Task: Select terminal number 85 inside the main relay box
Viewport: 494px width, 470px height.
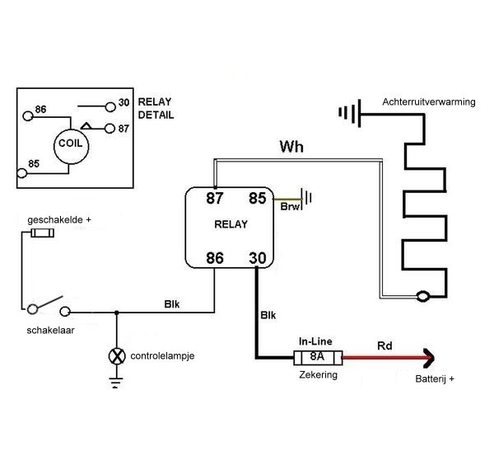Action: [x=257, y=199]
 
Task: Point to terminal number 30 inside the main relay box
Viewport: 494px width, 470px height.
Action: [x=257, y=257]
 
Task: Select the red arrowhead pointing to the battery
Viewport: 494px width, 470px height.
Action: [x=427, y=358]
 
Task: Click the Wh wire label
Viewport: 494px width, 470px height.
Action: [x=291, y=149]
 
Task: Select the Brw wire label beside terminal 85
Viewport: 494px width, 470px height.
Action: [x=291, y=208]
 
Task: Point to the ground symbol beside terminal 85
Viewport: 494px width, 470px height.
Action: [x=308, y=198]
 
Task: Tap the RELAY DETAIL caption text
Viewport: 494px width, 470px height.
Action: [x=156, y=109]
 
